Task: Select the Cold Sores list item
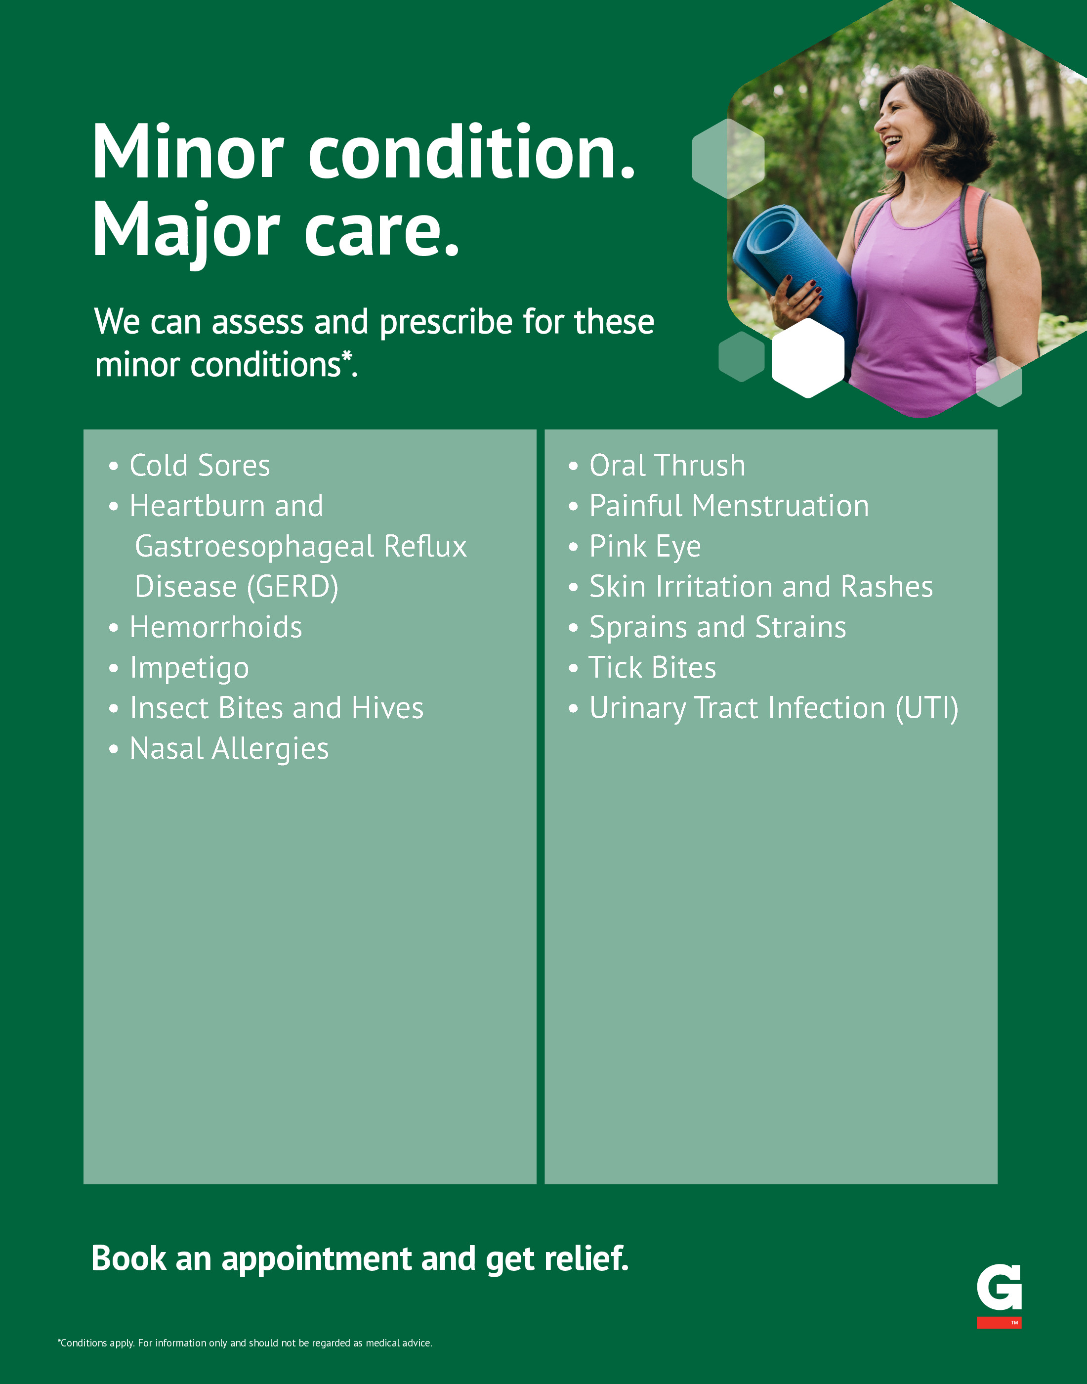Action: coord(199,465)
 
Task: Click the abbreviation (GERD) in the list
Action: coord(293,587)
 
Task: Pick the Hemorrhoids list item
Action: coord(216,627)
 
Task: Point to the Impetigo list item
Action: coord(189,668)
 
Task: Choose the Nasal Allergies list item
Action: coord(229,749)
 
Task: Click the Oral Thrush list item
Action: coord(667,465)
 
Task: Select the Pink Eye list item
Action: coord(645,547)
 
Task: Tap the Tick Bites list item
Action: coord(652,668)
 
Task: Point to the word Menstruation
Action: coord(780,506)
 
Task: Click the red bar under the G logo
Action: coord(999,1322)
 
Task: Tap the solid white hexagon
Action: coord(808,358)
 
